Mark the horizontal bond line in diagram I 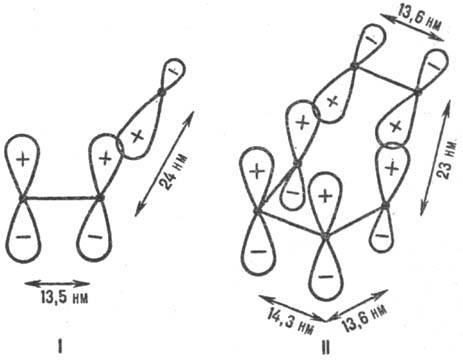60,199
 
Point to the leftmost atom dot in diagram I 21,199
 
